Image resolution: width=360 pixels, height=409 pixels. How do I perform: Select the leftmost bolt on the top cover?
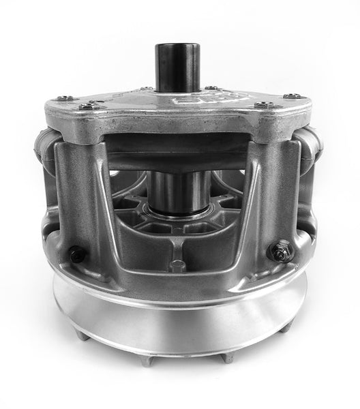tap(60, 100)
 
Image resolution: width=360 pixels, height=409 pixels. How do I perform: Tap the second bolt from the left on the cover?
tap(87, 106)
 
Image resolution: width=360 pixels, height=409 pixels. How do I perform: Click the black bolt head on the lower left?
tap(77, 254)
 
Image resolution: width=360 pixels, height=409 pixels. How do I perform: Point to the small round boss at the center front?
tap(178, 262)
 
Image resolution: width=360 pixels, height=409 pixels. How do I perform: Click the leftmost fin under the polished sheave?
tap(80, 335)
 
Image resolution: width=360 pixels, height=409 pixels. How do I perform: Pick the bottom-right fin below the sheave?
tap(228, 356)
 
